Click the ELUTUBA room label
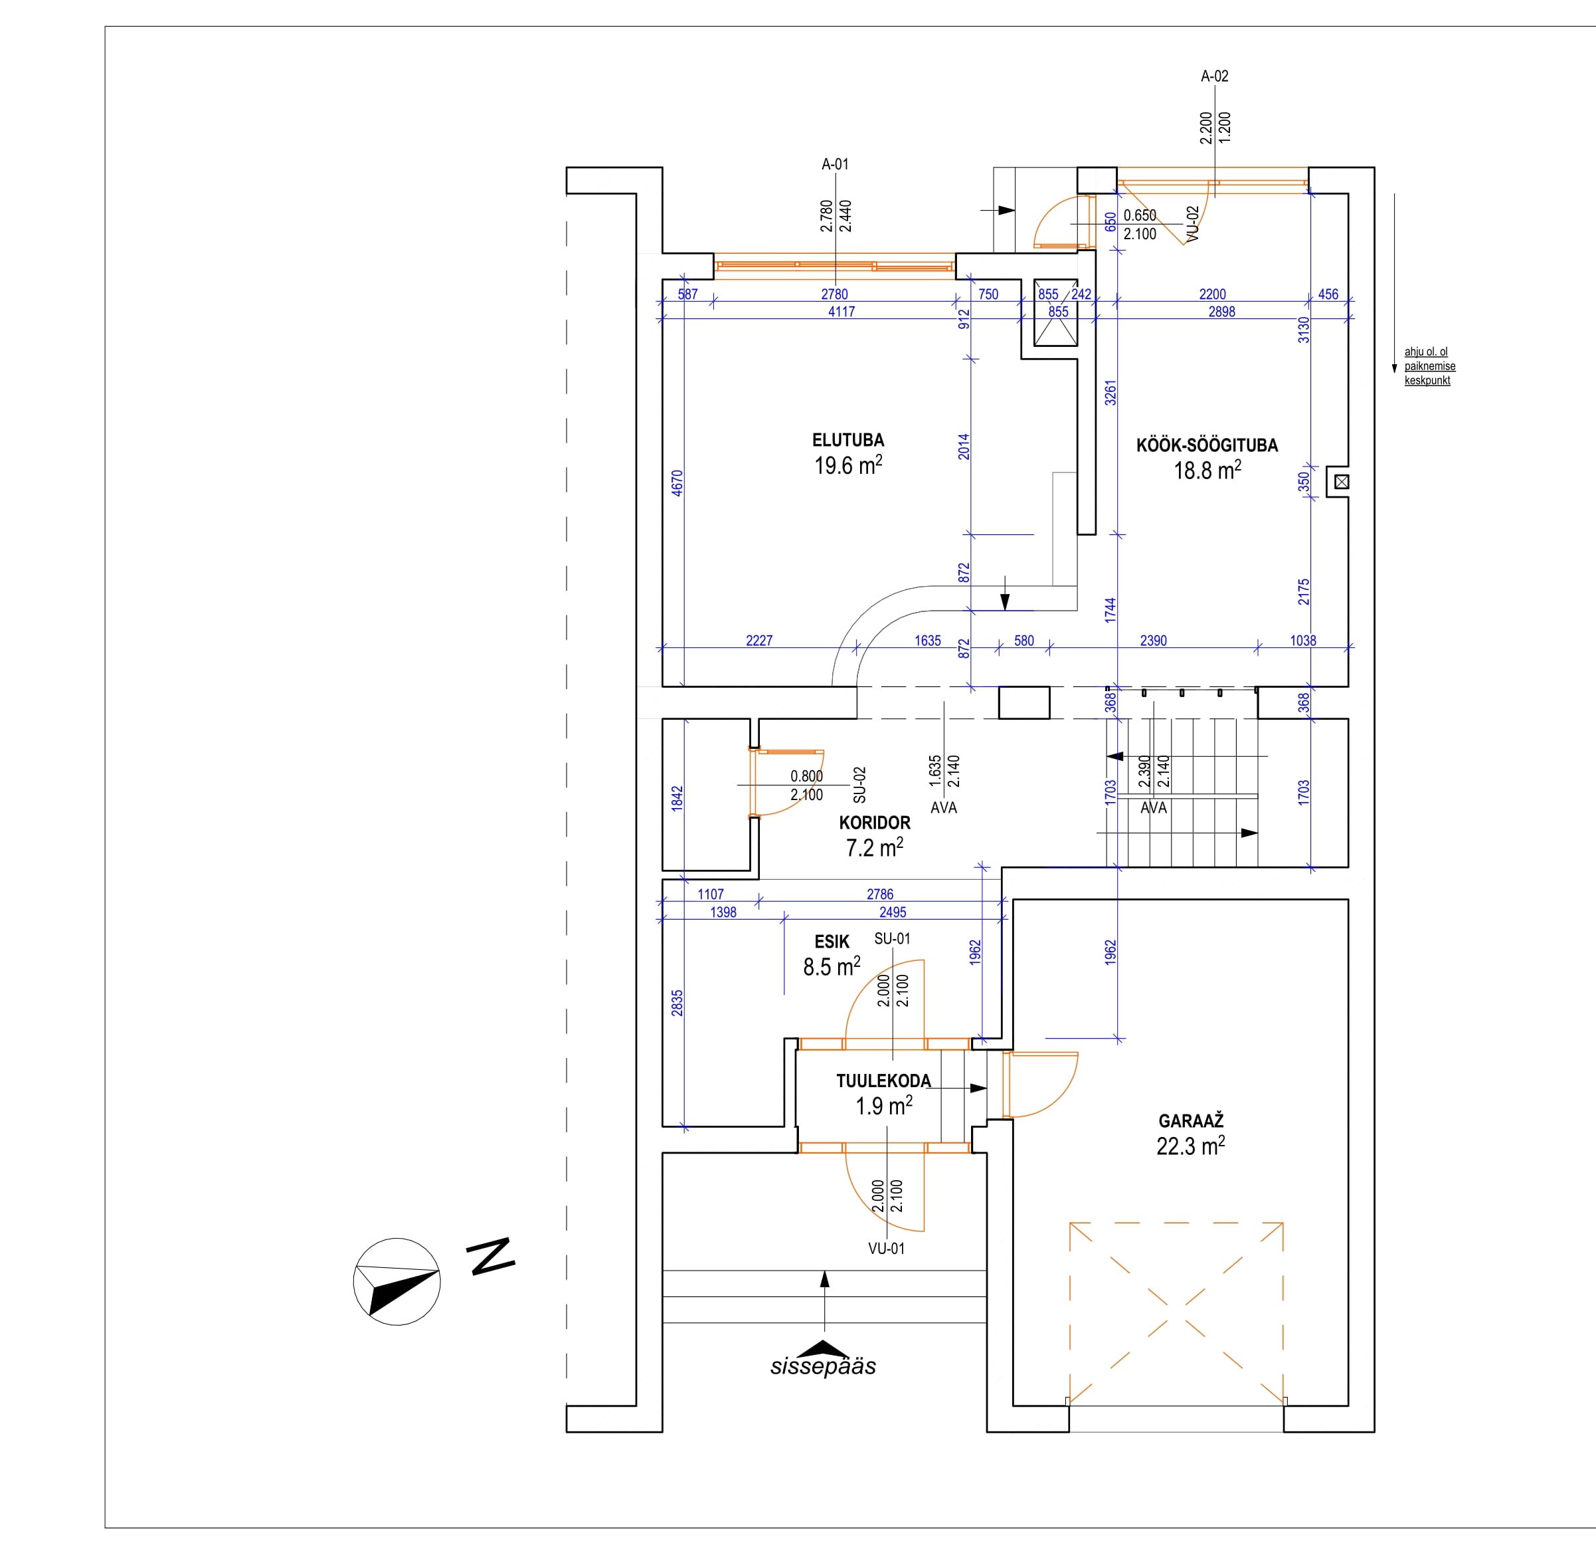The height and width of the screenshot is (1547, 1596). [847, 440]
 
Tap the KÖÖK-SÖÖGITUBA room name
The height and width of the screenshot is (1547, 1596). [1207, 446]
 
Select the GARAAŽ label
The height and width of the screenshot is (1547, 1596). [1190, 1121]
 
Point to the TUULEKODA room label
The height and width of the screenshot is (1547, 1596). [883, 1081]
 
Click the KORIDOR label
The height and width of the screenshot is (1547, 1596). [875, 823]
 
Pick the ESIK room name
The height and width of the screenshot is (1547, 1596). [832, 942]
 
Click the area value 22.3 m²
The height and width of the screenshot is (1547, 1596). [1190, 1146]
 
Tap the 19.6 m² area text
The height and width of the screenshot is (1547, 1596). [847, 465]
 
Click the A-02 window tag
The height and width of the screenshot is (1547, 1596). [1214, 76]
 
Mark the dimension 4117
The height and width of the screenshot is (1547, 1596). [841, 311]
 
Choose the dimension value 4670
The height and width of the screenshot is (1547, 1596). [677, 483]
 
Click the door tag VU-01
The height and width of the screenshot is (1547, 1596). [886, 1248]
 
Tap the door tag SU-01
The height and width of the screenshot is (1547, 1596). [891, 938]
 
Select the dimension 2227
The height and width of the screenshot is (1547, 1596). [759, 641]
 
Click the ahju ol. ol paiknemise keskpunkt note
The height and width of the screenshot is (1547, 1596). [1429, 365]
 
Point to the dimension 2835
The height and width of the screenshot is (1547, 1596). [677, 1003]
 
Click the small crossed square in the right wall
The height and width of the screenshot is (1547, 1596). [1342, 482]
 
